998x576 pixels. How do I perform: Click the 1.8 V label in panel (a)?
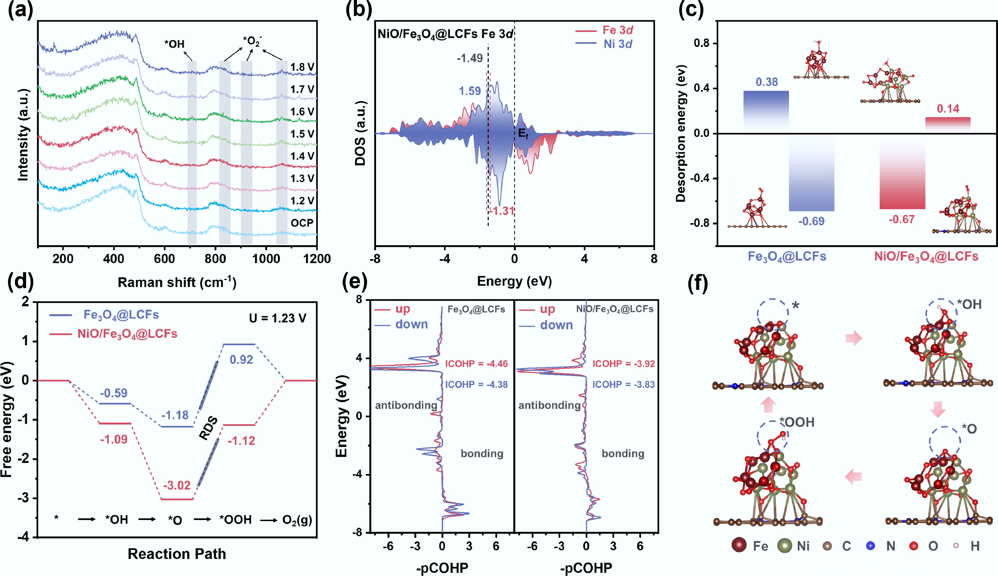pos(302,67)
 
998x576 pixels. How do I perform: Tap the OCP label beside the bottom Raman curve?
pos(302,223)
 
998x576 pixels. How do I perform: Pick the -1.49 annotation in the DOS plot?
pos(470,58)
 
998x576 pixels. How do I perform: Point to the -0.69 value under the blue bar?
pos(812,221)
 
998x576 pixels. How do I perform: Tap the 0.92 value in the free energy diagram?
pos(241,360)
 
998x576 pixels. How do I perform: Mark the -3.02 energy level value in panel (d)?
pos(177,485)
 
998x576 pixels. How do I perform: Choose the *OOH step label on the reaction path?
pos(236,520)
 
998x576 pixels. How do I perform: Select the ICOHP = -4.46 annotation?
pos(476,364)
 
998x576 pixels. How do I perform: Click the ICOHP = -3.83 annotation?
pos(624,384)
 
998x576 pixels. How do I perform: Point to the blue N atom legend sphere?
pos(870,546)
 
